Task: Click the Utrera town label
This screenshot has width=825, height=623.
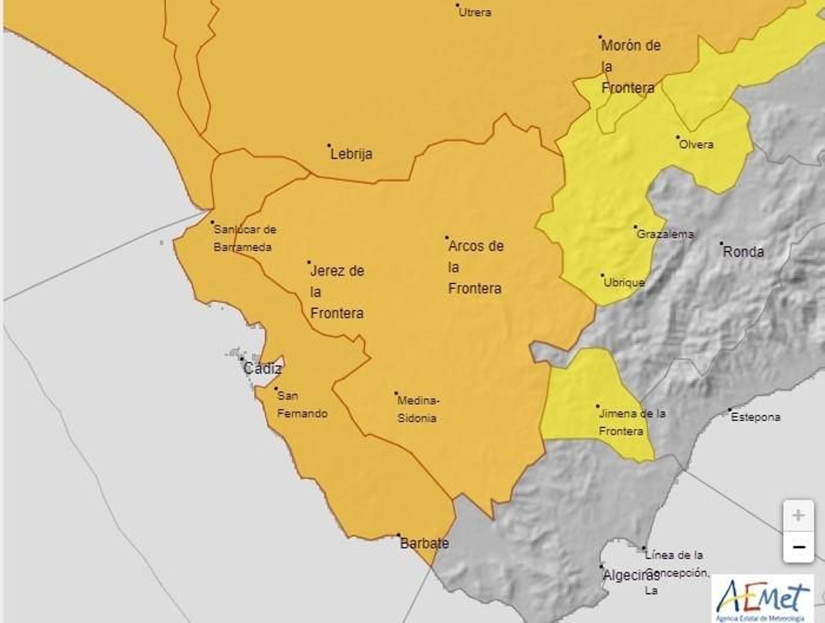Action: click(475, 12)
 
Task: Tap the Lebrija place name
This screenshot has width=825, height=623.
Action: click(351, 154)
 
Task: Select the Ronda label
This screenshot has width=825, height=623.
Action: click(744, 252)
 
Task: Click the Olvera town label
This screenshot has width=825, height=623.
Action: click(696, 145)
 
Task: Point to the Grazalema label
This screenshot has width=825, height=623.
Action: click(665, 234)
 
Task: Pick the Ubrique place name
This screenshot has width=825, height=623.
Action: click(624, 283)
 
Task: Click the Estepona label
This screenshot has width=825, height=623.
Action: click(755, 417)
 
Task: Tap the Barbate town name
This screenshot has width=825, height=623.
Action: click(424, 543)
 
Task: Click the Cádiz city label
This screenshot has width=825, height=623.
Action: click(262, 369)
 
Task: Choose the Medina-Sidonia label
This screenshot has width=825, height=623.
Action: click(418, 409)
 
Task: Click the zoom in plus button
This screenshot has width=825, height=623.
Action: click(798, 515)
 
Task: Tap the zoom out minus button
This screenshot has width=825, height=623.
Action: click(798, 547)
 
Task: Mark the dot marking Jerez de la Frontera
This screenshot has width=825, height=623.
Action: click(309, 262)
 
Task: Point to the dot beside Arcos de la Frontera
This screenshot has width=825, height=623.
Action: click(447, 238)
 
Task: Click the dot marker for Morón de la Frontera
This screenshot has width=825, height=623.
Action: click(600, 37)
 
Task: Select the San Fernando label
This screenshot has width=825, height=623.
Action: click(302, 405)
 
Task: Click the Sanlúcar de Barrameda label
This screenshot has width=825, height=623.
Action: click(244, 238)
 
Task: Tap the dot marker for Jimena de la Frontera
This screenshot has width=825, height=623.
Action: click(598, 406)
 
